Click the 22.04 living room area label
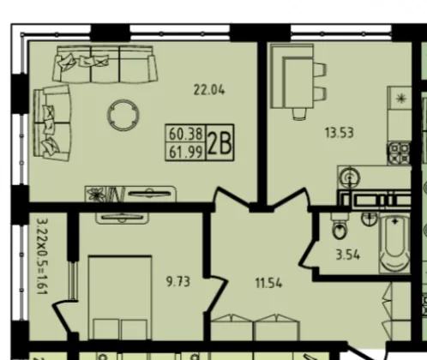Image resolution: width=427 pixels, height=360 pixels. pos(209,90)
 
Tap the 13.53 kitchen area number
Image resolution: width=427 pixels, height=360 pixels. pos(340,133)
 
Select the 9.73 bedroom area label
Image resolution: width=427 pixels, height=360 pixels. pos(177,282)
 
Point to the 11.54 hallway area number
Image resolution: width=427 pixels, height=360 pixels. pos(268,284)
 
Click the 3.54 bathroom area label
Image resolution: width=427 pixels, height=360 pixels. pos(347,255)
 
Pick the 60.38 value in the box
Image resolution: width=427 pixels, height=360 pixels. pos(186,134)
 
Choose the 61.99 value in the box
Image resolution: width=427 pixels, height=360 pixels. pos(186,152)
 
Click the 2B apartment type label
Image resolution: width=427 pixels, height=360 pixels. pos(220,143)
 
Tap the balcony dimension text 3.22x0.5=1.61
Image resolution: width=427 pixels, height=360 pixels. pos(42,256)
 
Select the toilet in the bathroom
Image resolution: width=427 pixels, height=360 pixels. pos(340,226)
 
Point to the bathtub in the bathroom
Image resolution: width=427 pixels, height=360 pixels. pos(394,244)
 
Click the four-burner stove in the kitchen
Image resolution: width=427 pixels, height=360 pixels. pos(400,153)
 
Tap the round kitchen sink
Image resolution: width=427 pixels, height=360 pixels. pos(350,177)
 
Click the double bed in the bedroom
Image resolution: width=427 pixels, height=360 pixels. pos(120,297)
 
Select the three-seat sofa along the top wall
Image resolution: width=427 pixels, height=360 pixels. pos(105,64)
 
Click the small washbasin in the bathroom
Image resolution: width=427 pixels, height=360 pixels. pos(370,219)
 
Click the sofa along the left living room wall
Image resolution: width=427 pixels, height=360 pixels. pos(52,123)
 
